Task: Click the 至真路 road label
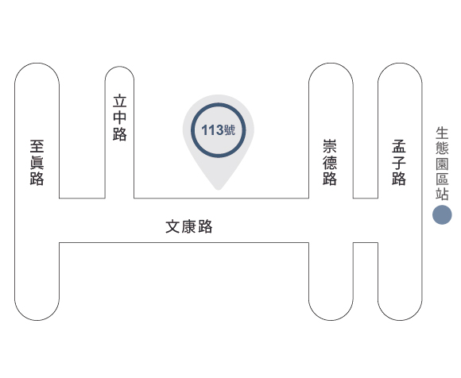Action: coord(37,163)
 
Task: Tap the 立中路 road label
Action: coord(120,118)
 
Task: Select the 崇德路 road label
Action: coord(330,163)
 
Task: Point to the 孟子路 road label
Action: coord(399,163)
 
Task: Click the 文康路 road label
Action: coord(189,226)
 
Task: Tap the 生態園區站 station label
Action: coord(442,164)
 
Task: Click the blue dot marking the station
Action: coord(442,214)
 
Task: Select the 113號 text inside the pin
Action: coord(218,129)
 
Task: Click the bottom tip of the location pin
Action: coord(218,190)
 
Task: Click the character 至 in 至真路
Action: coord(37,146)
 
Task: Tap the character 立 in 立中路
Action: coord(120,101)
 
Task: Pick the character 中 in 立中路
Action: coord(120,118)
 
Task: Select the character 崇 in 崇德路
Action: coord(330,146)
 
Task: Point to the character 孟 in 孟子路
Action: coord(399,146)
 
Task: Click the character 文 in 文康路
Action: coord(172,226)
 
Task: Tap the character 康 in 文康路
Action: coord(189,226)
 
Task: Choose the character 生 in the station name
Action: coord(442,133)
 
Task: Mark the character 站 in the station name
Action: coord(442,194)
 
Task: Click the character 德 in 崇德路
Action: coord(330,163)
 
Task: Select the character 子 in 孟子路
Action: coord(399,163)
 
